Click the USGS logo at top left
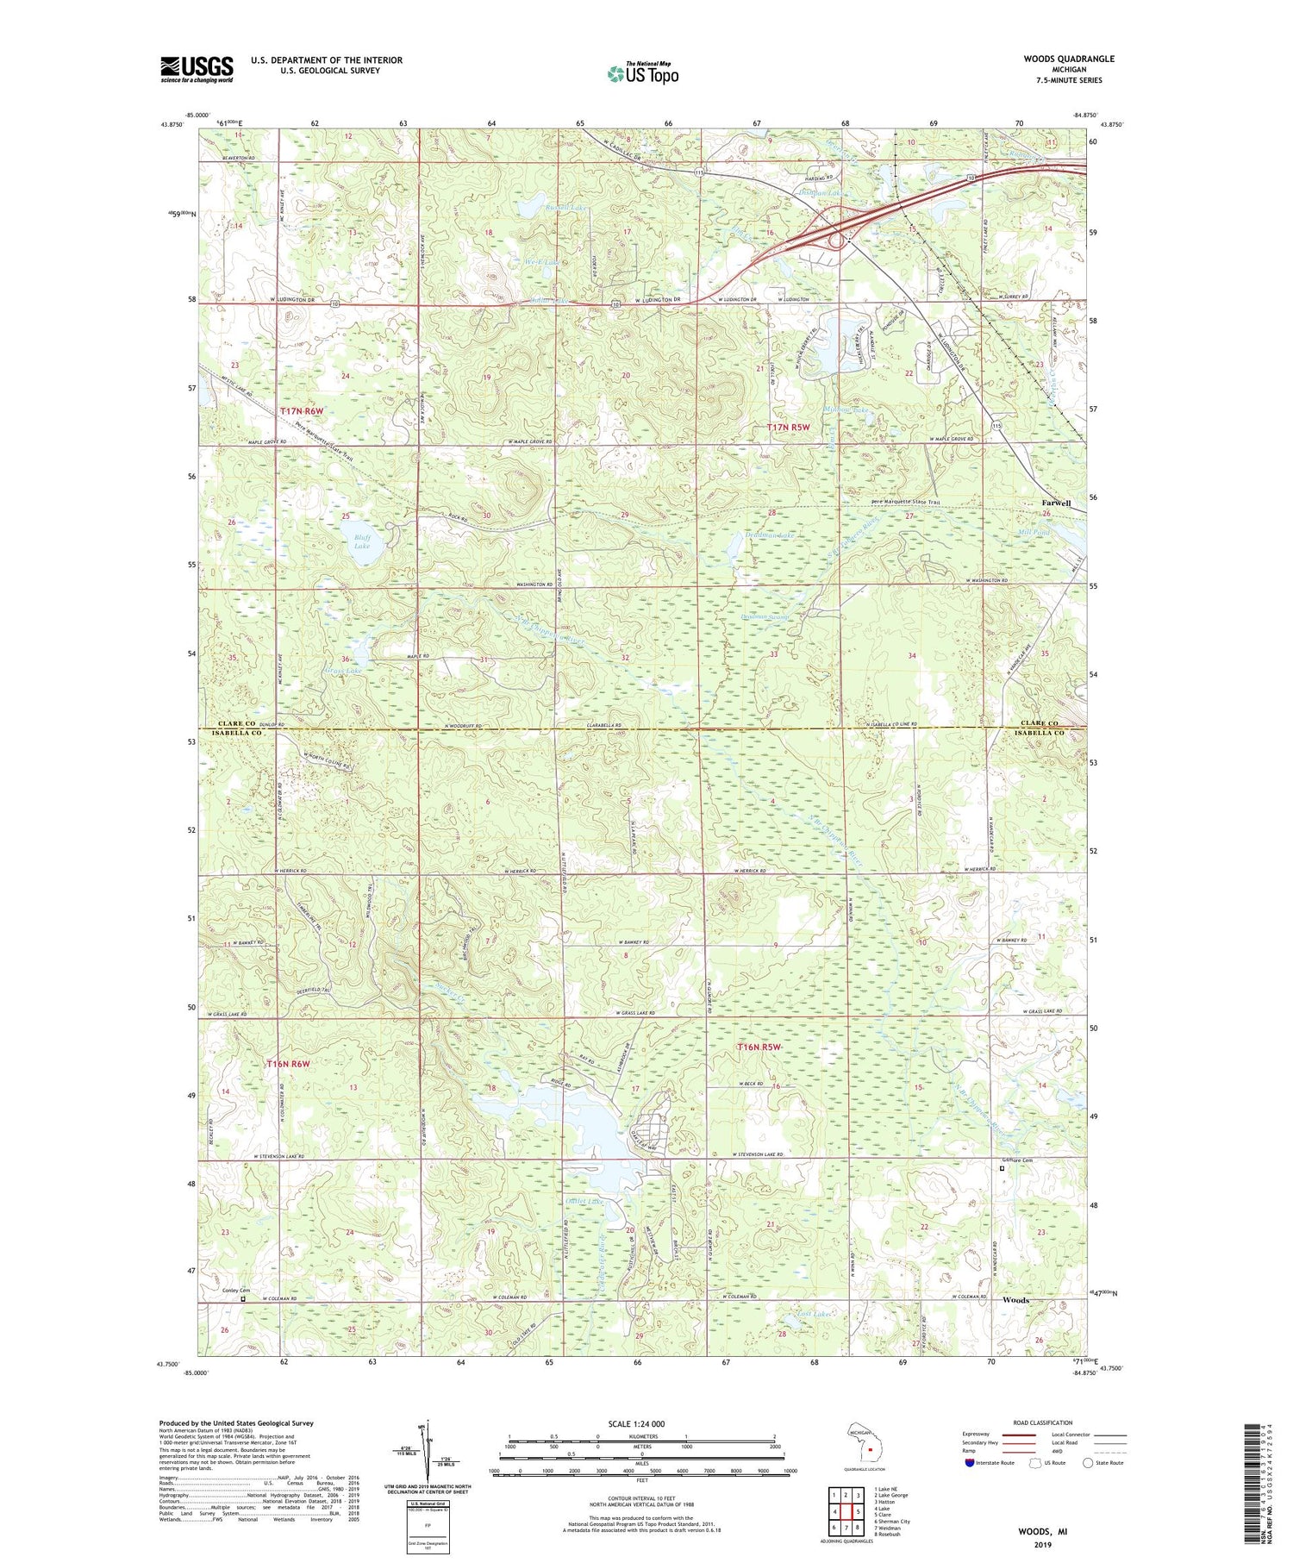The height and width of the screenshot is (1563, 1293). (x=197, y=69)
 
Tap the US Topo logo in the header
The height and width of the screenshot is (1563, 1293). (x=642, y=74)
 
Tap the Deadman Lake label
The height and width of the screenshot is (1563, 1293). (x=769, y=535)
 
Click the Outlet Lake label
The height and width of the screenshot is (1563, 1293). (x=584, y=1201)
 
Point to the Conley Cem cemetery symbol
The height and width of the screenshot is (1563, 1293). (x=243, y=1298)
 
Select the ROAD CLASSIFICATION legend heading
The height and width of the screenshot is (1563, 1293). (x=1043, y=1422)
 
